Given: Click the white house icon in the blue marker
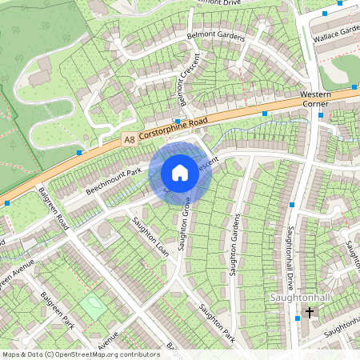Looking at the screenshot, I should (180, 172).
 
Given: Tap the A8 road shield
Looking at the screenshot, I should (129, 139).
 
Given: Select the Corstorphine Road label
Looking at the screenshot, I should (173, 128).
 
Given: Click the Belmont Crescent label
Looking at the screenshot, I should (185, 83).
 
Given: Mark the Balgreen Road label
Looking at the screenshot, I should (56, 210).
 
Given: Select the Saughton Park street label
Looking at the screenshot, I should (216, 322).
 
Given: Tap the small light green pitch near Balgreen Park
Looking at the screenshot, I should (93, 307).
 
